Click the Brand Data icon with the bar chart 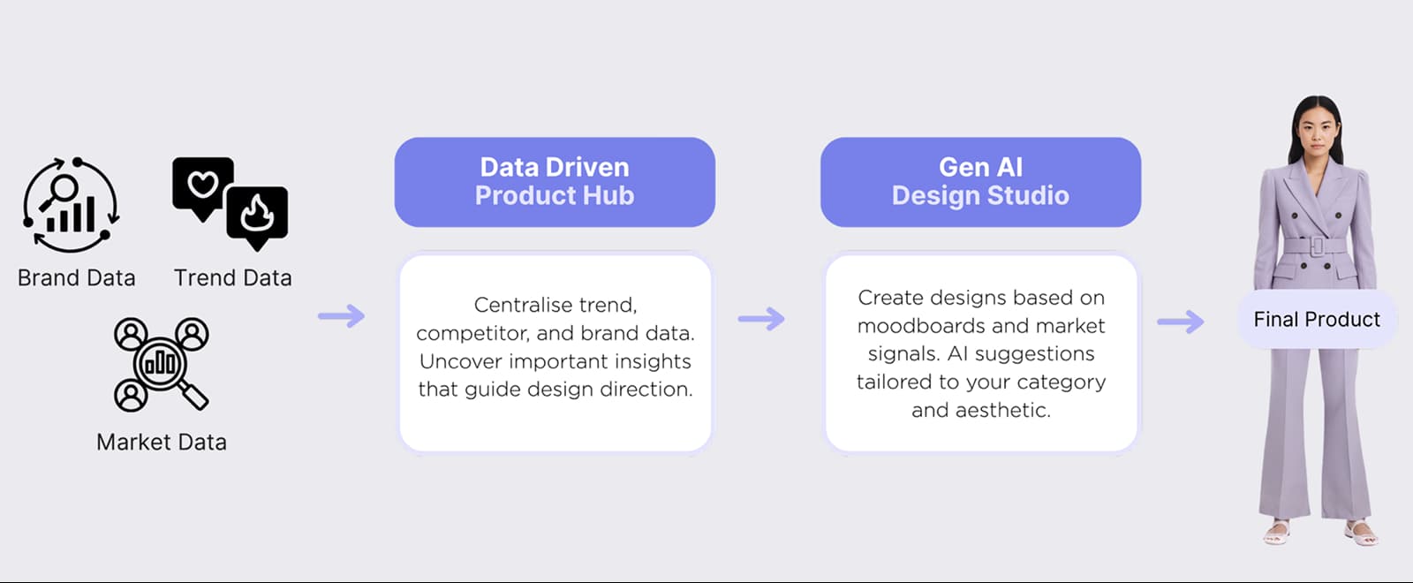point(71,205)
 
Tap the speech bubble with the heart point(203,185)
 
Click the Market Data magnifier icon point(162,363)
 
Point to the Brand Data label point(77,278)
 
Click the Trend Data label point(232,278)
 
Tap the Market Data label point(162,442)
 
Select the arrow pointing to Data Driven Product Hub point(342,315)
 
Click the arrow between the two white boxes point(761,318)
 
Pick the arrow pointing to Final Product point(1181,321)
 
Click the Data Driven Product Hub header point(555,181)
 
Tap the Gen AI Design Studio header point(980,181)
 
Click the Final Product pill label point(1316,319)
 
